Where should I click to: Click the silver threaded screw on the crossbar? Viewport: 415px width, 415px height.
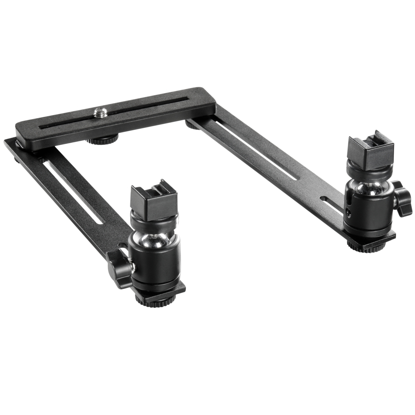[97, 111]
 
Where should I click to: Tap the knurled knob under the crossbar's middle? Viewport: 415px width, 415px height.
[102, 140]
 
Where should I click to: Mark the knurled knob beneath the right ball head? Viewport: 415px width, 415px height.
[366, 246]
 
